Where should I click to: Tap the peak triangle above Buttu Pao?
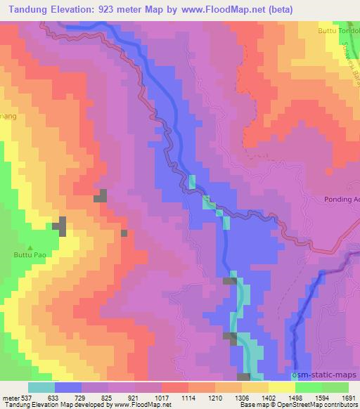(x=30, y=247)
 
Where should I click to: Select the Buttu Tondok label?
(x=342, y=31)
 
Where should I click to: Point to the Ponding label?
(x=341, y=199)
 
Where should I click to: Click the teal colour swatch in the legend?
(x=41, y=387)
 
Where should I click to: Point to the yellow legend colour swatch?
(x=282, y=387)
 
